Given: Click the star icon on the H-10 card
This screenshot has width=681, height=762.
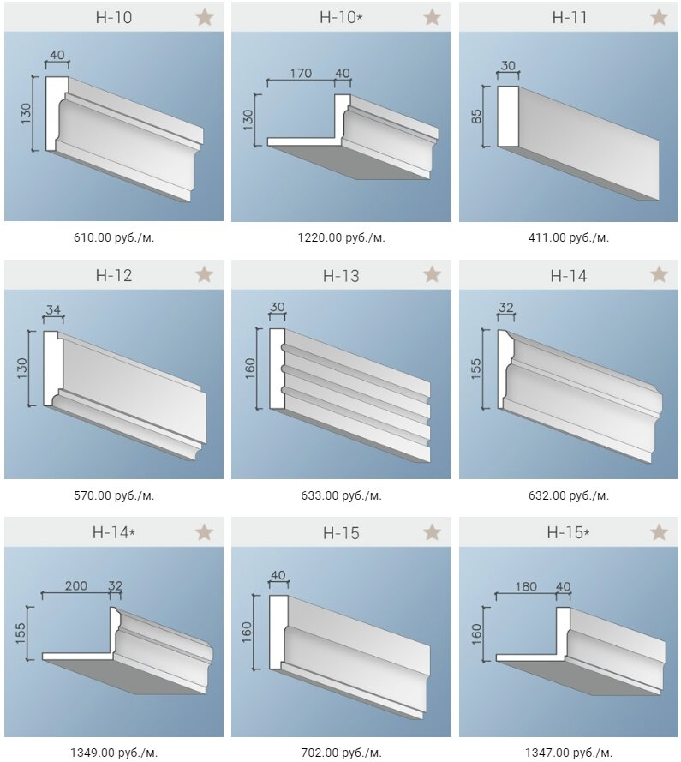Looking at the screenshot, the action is (x=205, y=17).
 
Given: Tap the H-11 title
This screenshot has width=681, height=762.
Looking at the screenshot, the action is (x=570, y=18).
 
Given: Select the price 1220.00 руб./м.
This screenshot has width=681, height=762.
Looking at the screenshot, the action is (x=341, y=238).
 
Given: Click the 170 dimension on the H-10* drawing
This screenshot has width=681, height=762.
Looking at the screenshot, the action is (x=301, y=74).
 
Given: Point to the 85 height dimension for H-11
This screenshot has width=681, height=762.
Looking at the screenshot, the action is (x=476, y=117).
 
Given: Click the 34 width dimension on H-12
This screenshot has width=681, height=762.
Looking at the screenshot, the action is (x=53, y=309).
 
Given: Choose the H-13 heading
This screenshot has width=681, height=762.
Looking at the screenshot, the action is (x=341, y=276).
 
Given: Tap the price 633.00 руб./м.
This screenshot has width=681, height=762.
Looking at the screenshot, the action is (x=341, y=496).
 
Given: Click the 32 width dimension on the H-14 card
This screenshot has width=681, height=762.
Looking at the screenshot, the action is (x=505, y=308).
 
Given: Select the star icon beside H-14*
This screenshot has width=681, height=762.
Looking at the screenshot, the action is (x=205, y=532).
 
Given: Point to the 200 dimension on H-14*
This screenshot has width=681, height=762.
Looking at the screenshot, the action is (x=76, y=585).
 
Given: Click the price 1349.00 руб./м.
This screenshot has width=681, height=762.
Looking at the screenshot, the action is (x=114, y=753).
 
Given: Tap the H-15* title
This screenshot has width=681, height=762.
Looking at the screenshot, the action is (x=568, y=532).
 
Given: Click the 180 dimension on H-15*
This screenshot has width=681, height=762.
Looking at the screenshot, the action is (x=526, y=586).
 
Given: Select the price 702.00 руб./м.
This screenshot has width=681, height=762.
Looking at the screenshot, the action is (x=341, y=753).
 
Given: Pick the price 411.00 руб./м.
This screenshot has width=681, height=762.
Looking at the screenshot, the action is (x=568, y=238).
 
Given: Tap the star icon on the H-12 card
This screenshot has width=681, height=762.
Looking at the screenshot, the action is (x=205, y=275).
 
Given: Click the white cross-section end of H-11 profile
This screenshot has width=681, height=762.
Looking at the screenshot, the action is (x=508, y=117).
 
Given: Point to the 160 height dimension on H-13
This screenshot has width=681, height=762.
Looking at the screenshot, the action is (x=250, y=369).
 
